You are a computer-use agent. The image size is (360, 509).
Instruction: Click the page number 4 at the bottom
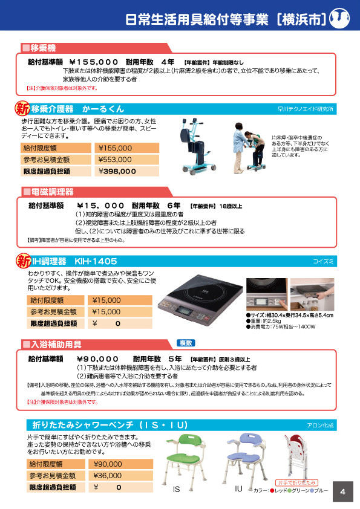[342, 491]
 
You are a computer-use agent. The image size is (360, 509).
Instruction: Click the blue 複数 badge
[185, 343]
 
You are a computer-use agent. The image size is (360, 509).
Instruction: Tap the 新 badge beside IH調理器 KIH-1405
[22, 261]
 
